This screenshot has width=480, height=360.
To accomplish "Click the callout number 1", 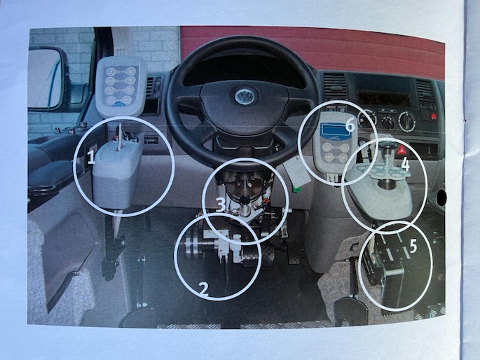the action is click(x=90, y=157).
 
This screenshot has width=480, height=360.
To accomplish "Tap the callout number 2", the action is click(x=204, y=289).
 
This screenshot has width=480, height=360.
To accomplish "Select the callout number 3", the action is click(x=221, y=205).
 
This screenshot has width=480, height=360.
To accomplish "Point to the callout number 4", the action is click(x=405, y=165).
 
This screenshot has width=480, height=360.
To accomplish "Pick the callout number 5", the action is click(x=413, y=246).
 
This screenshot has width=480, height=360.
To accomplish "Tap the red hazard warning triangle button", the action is click(x=401, y=151).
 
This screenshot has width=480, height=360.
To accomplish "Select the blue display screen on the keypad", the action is click(x=334, y=130).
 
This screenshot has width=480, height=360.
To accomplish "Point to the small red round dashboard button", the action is click(x=432, y=116).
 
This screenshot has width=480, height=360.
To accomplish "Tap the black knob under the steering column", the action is click(x=245, y=199).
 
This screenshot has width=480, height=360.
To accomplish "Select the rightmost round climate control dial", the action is click(x=406, y=120).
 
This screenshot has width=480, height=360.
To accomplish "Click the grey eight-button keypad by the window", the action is click(x=120, y=86).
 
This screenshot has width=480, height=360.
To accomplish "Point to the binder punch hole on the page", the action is click(x=441, y=198).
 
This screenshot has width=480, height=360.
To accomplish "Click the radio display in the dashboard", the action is click(x=383, y=98).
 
